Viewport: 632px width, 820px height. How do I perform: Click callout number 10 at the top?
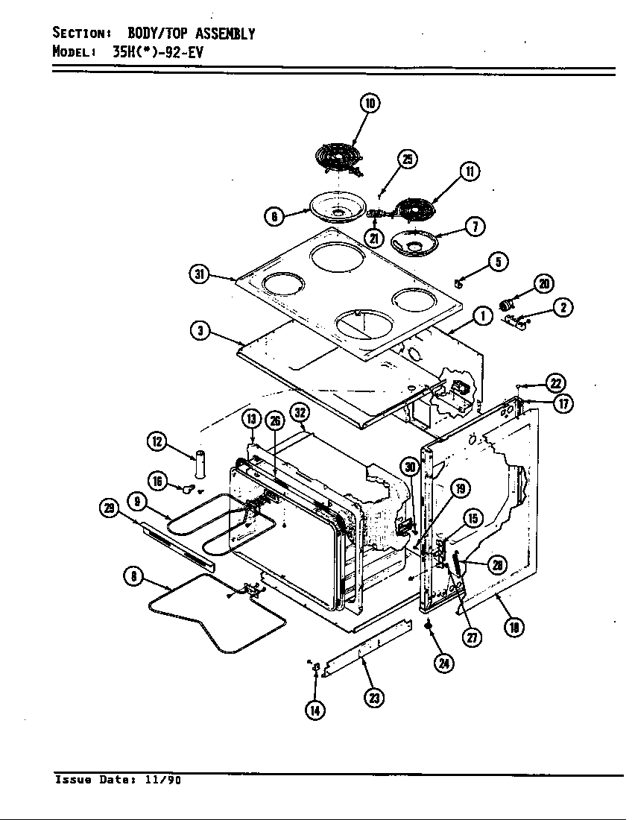click(x=370, y=103)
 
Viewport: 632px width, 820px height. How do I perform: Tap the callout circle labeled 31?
click(x=198, y=274)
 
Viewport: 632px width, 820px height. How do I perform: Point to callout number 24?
click(x=445, y=663)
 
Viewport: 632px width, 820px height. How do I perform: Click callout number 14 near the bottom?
click(x=315, y=710)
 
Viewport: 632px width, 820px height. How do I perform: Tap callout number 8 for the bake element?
click(x=133, y=575)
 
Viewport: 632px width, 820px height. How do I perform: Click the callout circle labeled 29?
click(x=109, y=509)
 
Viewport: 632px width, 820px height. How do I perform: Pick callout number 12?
click(x=157, y=441)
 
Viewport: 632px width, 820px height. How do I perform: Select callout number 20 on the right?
click(x=543, y=283)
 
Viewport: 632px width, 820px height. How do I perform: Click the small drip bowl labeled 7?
click(x=412, y=242)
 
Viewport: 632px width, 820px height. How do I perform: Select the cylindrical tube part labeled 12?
click(x=199, y=464)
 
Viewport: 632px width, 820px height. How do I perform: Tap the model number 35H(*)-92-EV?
click(x=157, y=52)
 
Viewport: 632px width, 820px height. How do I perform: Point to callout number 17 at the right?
click(x=584, y=403)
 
